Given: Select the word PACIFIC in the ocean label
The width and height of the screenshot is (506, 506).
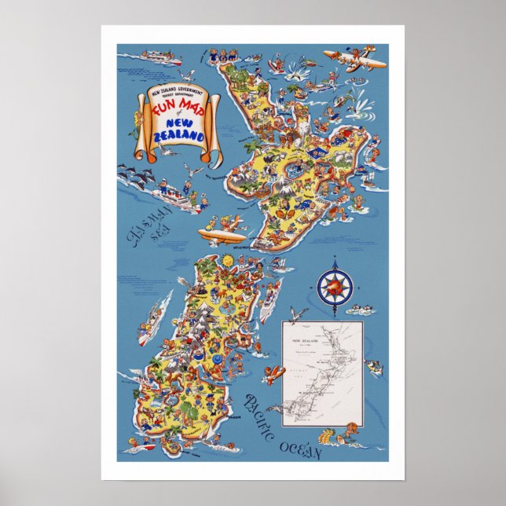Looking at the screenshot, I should pos(258,414).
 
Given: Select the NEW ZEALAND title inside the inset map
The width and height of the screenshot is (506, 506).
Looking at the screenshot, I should pos(307,341).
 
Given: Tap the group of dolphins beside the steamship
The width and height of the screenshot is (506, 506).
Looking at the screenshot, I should pos(137,174).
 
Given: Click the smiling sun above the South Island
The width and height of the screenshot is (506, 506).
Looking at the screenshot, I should pos(227,258).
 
